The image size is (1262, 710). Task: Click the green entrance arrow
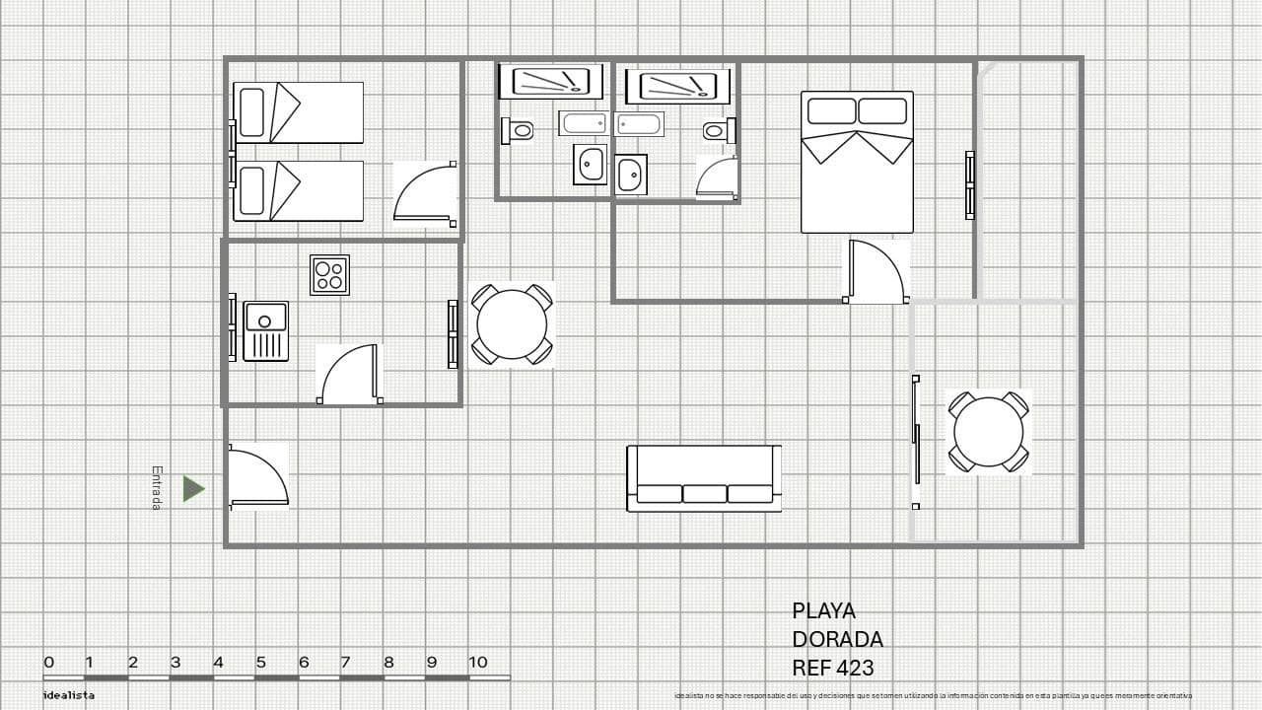pos(193,488)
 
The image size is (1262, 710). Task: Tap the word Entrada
pos(157,488)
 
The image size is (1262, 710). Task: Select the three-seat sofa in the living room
pos(704,478)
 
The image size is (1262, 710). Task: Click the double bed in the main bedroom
pos(857,163)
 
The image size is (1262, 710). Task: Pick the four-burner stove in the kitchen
pos(329,275)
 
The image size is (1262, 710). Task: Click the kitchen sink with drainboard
pos(265,331)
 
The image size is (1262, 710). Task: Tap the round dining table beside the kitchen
pos(511,324)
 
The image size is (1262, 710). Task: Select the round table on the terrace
pos(988,432)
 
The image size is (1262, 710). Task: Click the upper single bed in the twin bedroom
pos(298,112)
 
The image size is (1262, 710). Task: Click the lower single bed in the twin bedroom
pos(298,190)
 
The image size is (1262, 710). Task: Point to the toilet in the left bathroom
pos(519,130)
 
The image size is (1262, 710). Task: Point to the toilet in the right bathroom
pos(718,130)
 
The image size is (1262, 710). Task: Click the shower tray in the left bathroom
pos(550,81)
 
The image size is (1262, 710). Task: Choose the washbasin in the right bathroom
pos(630,176)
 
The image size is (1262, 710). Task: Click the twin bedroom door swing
pos(425,194)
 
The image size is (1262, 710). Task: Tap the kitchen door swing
pos(349,374)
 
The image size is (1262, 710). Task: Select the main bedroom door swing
pos(876,271)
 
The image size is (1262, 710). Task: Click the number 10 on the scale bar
pos(478,662)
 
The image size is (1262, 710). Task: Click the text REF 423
pos(832,668)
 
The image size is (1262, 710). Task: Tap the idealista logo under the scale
pos(69,695)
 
